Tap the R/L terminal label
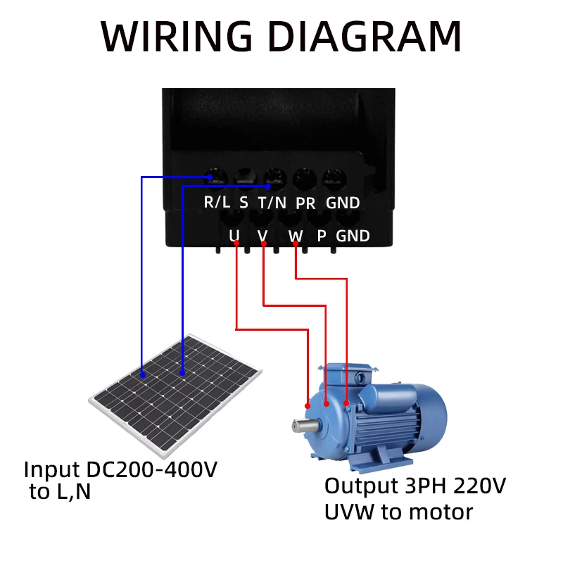click(217, 203)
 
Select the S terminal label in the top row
click(243, 203)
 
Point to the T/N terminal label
click(271, 203)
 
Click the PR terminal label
click(305, 203)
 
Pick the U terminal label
click(234, 235)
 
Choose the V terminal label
click(263, 235)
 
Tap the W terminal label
click(296, 235)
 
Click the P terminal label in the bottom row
click(322, 235)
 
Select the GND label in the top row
click(343, 203)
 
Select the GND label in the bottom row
click(353, 235)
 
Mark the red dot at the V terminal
click(264, 244)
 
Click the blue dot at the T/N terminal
click(270, 186)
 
